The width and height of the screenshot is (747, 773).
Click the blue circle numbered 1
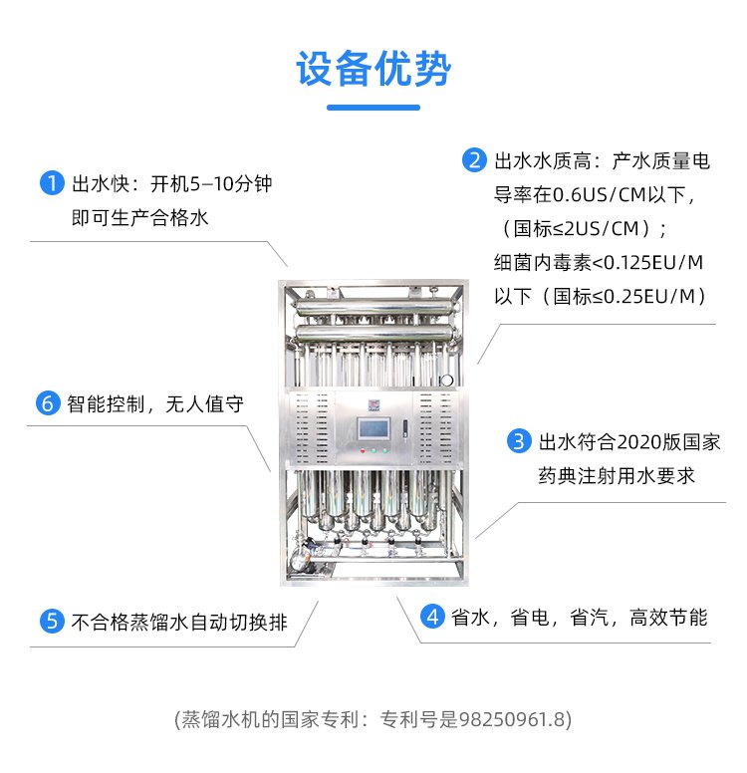point(52,183)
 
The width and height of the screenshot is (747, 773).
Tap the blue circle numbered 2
point(474,160)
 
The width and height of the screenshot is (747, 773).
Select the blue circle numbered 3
point(519,441)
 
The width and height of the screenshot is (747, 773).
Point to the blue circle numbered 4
point(432,617)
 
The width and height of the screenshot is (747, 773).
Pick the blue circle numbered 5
point(52,622)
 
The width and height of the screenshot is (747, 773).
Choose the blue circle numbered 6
point(48,403)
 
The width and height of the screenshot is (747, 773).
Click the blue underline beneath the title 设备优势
point(373,108)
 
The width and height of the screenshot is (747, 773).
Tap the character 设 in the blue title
point(315,69)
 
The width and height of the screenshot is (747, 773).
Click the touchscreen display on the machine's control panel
point(373,428)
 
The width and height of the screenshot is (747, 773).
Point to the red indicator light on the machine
point(363,450)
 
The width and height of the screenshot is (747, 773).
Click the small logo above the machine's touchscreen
point(373,404)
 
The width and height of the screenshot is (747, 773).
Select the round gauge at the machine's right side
point(447,381)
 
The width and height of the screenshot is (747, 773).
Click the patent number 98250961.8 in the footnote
point(512,719)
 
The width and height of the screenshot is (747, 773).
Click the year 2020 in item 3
point(638,441)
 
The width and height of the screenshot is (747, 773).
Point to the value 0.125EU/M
point(653,263)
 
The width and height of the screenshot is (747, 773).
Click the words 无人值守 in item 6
point(204,404)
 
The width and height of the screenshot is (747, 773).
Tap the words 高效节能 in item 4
point(668,618)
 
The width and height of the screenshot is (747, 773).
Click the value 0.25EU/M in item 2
point(649,297)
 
